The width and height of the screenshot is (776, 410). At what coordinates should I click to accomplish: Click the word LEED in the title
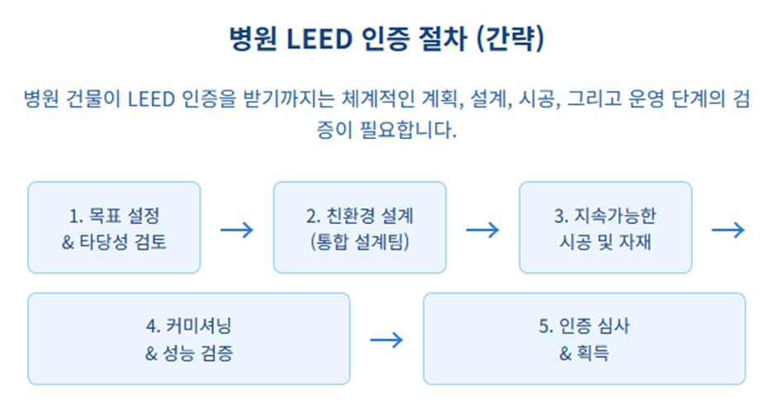(x=319, y=39)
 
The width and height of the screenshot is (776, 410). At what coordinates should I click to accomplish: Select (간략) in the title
(x=509, y=39)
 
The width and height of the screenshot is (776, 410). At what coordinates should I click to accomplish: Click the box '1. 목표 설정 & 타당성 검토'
(x=114, y=227)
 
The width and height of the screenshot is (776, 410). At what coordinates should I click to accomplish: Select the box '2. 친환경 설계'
(x=360, y=227)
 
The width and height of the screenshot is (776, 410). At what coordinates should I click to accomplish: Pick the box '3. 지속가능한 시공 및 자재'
(x=605, y=227)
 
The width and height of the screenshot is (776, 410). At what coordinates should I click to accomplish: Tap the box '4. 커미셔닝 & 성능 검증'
(x=188, y=339)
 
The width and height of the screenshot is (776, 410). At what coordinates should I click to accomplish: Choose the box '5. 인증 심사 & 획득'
(x=584, y=339)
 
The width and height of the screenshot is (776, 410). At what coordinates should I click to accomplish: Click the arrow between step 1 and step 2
(x=237, y=230)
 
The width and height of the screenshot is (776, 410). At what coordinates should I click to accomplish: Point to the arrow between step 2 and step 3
(x=483, y=230)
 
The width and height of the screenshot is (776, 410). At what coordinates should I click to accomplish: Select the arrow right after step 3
(x=728, y=230)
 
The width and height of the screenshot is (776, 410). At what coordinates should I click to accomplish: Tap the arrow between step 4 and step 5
(x=386, y=340)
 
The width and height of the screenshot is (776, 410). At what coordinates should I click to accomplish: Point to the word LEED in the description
(x=151, y=99)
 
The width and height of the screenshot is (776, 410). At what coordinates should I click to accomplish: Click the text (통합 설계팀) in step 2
(x=360, y=242)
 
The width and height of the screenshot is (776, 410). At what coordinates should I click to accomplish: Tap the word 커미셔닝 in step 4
(x=199, y=326)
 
